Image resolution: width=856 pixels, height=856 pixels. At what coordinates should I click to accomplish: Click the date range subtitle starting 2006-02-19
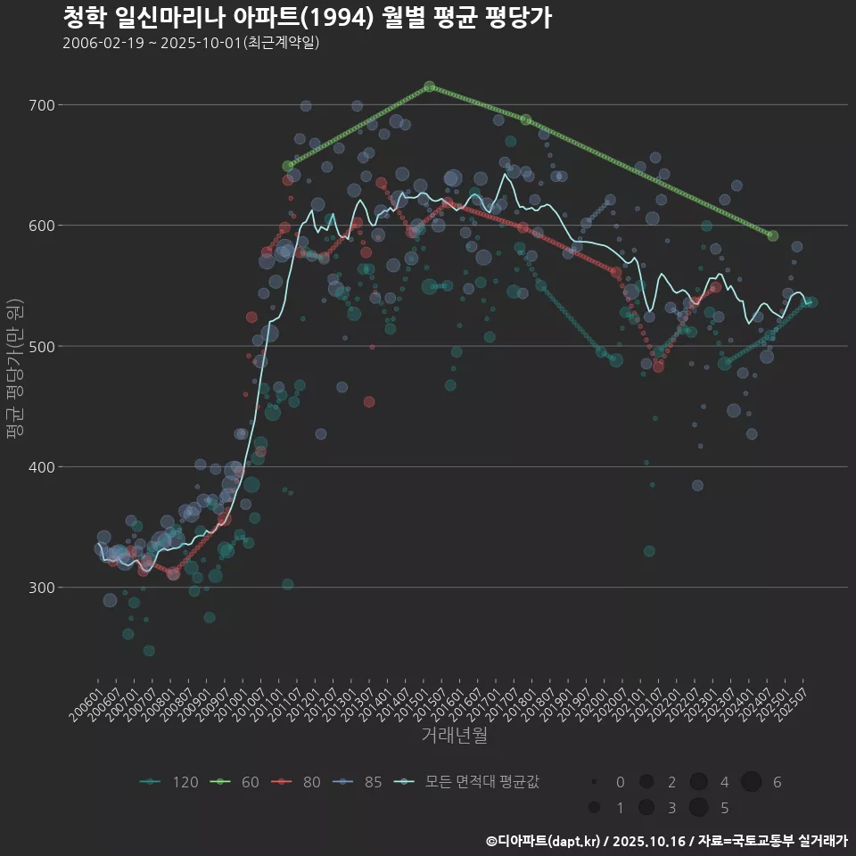(191, 43)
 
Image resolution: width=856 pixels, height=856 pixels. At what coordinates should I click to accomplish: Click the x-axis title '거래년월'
(454, 736)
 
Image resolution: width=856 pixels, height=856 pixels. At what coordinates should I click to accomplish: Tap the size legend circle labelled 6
(752, 782)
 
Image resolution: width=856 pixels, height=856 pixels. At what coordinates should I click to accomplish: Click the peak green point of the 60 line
(430, 86)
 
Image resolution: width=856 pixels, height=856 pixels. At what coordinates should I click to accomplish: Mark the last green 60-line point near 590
(773, 235)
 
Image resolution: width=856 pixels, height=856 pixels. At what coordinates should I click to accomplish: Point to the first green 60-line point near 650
(288, 166)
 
